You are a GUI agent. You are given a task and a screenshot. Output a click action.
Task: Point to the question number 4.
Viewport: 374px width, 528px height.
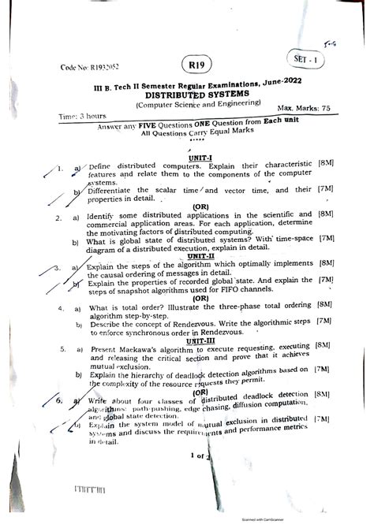click(x=58, y=309)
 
